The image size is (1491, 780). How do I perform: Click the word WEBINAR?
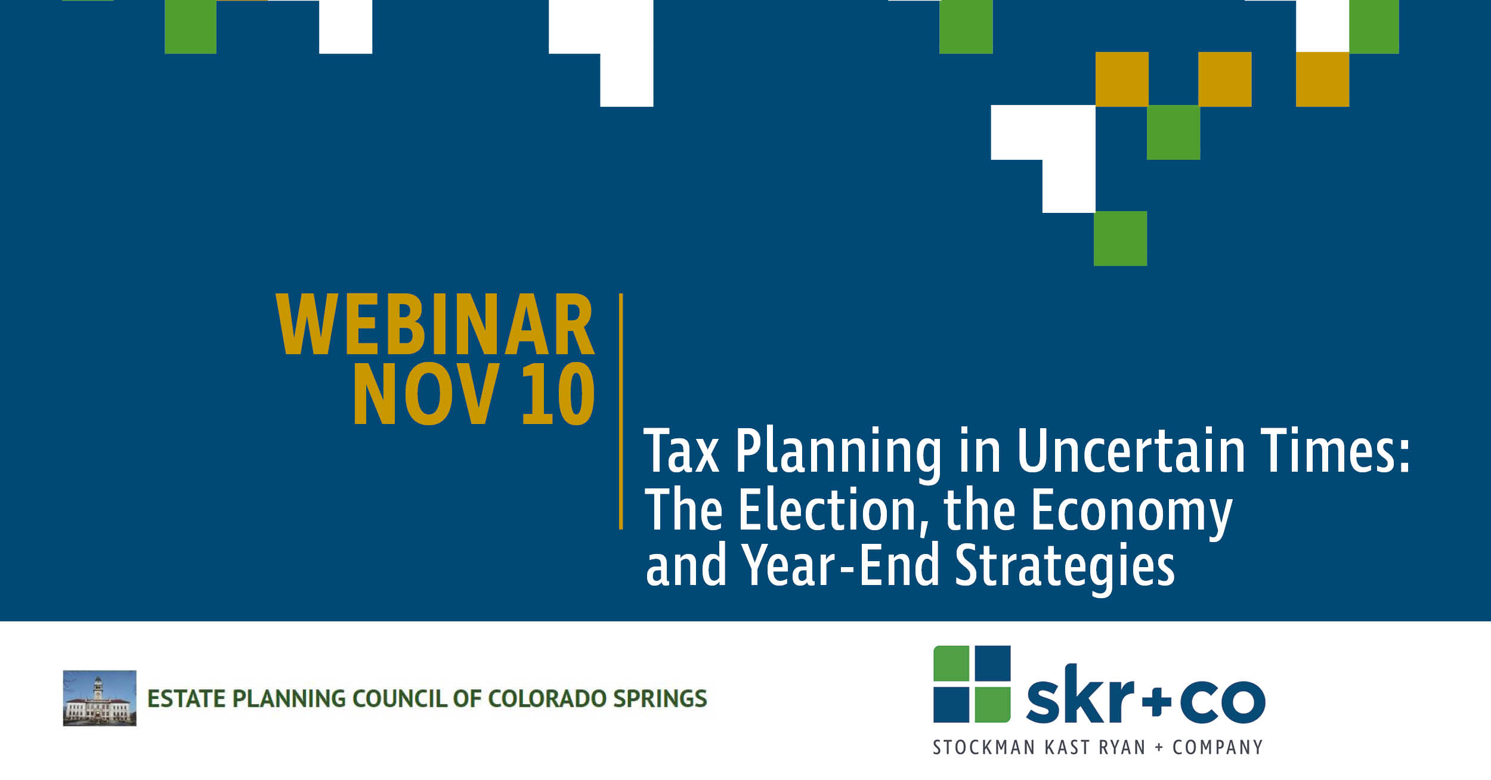click(435, 324)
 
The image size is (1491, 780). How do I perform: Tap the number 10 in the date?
click(558, 394)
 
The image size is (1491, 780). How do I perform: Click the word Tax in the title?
click(681, 451)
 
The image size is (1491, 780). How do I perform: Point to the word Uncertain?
click(1131, 450)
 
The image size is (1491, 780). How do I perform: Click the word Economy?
click(1131, 513)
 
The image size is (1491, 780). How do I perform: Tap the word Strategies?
click(1065, 567)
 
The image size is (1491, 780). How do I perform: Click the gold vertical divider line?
click(621, 411)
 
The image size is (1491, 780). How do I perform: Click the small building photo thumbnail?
click(100, 698)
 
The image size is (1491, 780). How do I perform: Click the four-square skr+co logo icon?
click(972, 684)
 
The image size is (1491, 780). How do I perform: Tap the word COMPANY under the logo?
click(1217, 747)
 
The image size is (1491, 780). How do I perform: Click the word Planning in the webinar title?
click(838, 453)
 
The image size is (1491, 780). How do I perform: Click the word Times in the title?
click(1335, 450)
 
